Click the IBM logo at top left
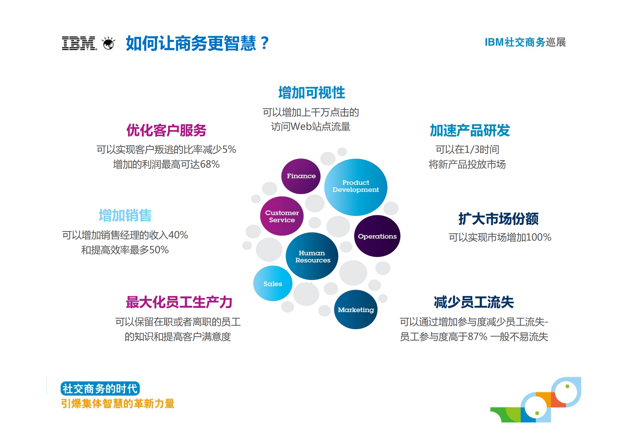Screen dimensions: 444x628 coord(79,44)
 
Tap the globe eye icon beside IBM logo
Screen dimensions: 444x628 coord(109,44)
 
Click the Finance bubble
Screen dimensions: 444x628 coord(301,176)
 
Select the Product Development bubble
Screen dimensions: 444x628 coord(356,187)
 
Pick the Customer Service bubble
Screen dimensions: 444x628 coord(282,216)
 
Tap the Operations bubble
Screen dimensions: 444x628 coord(377,236)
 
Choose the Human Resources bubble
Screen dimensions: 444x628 coord(312,257)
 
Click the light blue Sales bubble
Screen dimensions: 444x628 coord(273,284)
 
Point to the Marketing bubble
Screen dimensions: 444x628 coord(356,310)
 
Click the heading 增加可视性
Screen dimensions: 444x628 coord(312,93)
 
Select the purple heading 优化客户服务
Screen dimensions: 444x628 coord(166,130)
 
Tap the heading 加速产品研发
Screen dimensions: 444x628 coord(470,130)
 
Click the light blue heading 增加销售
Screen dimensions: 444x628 coord(125,215)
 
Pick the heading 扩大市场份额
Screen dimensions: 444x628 coord(498,219)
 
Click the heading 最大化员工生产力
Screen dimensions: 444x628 coord(179,302)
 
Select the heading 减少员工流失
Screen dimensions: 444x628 coord(474,302)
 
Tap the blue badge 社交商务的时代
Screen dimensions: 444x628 coord(100,389)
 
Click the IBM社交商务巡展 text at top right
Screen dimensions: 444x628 coord(525,42)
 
